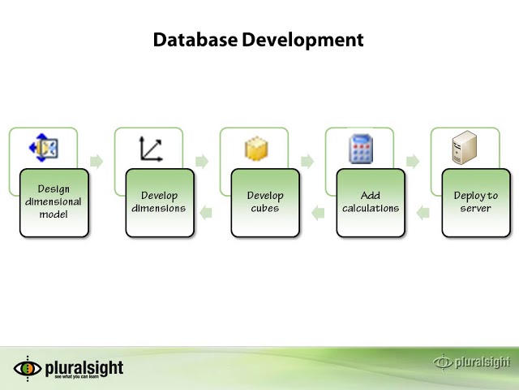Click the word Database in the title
195,40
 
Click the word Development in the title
302,40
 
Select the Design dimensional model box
54,202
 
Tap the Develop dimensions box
160,202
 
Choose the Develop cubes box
265,202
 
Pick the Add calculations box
371,202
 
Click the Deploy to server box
476,202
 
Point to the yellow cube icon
256,149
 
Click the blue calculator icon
361,149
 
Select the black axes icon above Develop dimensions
150,149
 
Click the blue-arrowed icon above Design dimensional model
44,149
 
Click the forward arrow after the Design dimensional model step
97,161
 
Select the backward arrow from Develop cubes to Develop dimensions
206,213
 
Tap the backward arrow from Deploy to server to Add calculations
422,213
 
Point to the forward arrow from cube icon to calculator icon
307,161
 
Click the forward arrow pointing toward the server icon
413,161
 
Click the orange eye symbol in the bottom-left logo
28,368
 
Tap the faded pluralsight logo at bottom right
472,362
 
